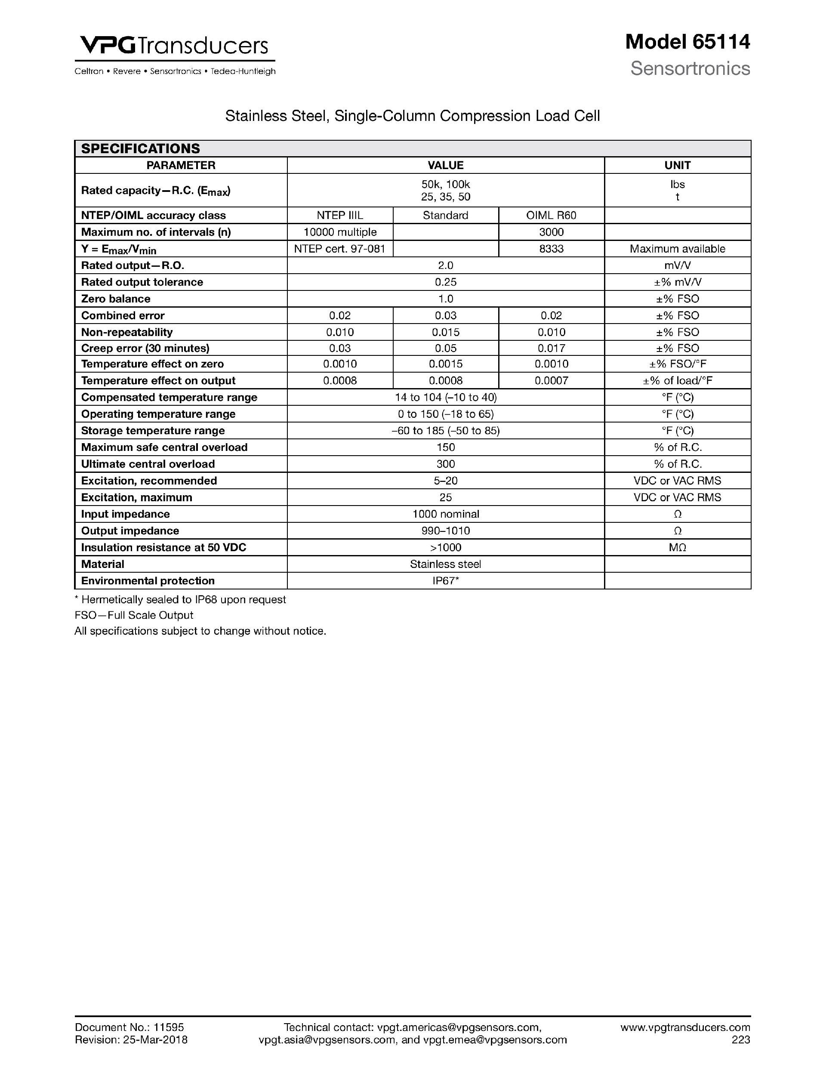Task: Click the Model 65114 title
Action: (687, 42)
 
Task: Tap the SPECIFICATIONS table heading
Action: (140, 149)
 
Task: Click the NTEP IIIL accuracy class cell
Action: (340, 215)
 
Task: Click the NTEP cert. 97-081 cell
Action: (340, 249)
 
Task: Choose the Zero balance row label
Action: (116, 299)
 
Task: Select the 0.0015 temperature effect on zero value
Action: (446, 364)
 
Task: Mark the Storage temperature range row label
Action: (153, 431)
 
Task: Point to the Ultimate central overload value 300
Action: (446, 464)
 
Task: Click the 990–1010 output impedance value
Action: (446, 531)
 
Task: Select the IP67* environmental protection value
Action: (446, 581)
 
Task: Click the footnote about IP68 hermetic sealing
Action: (180, 600)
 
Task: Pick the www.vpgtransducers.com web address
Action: (685, 1027)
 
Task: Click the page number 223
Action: (740, 1040)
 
